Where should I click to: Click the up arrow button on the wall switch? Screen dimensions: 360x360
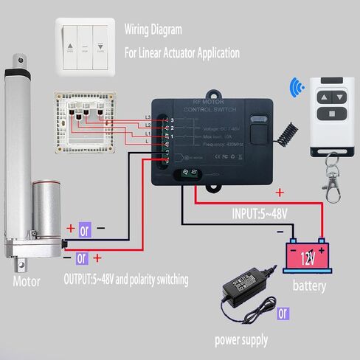coord(71,46)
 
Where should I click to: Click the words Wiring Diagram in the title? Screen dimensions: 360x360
coord(153,31)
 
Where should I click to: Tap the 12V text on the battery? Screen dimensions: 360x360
coord(307,258)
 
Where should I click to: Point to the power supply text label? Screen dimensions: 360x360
coord(240,340)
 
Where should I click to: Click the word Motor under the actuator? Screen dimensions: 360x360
coord(27,282)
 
